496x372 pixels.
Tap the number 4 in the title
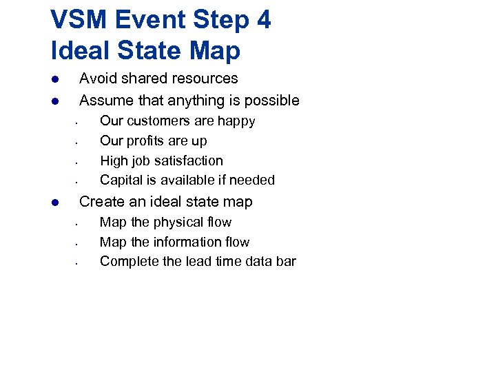tap(263, 20)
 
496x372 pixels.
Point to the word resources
tap(205, 79)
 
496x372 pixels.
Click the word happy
tap(236, 122)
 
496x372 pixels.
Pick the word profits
tap(154, 141)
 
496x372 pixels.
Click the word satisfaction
tap(188, 161)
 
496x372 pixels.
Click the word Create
tap(101, 202)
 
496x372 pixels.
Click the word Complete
tap(128, 262)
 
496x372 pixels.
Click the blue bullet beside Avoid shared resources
tap(54, 79)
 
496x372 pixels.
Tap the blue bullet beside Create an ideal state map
tap(54, 203)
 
